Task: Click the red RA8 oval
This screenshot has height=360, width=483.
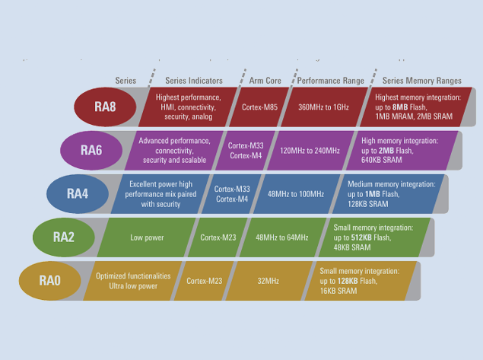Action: (105, 107)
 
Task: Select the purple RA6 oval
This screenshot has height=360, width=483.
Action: (91, 150)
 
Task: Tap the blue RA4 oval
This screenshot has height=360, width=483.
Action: (78, 193)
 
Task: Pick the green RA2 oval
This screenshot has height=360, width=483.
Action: (64, 237)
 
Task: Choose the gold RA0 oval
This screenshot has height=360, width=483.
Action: (50, 281)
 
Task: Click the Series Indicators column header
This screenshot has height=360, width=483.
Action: (194, 81)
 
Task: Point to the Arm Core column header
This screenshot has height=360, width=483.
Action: (265, 81)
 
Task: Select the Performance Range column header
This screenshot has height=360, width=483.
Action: (331, 81)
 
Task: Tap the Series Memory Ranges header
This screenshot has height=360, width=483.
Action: (421, 81)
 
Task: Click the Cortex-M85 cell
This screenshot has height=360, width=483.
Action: (259, 107)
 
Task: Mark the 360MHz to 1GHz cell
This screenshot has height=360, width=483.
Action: (323, 107)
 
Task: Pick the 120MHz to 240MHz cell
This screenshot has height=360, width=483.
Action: (310, 151)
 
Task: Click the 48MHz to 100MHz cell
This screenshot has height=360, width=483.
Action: (296, 194)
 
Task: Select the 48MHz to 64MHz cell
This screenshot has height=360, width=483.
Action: (282, 237)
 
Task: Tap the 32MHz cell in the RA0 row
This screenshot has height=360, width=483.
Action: (268, 281)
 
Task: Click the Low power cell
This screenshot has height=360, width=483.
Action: (147, 237)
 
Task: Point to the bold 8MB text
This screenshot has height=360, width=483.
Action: (400, 107)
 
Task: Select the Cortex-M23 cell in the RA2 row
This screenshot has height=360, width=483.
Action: (218, 237)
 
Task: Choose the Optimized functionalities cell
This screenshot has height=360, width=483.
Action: (133, 281)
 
